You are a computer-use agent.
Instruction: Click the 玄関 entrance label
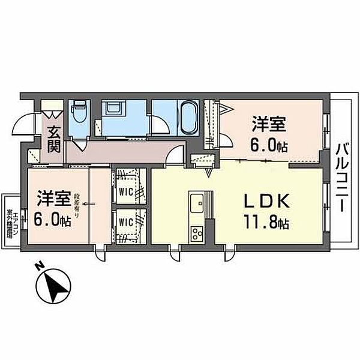click(54, 139)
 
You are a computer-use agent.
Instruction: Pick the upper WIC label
click(125, 192)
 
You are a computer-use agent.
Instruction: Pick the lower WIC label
click(125, 221)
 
